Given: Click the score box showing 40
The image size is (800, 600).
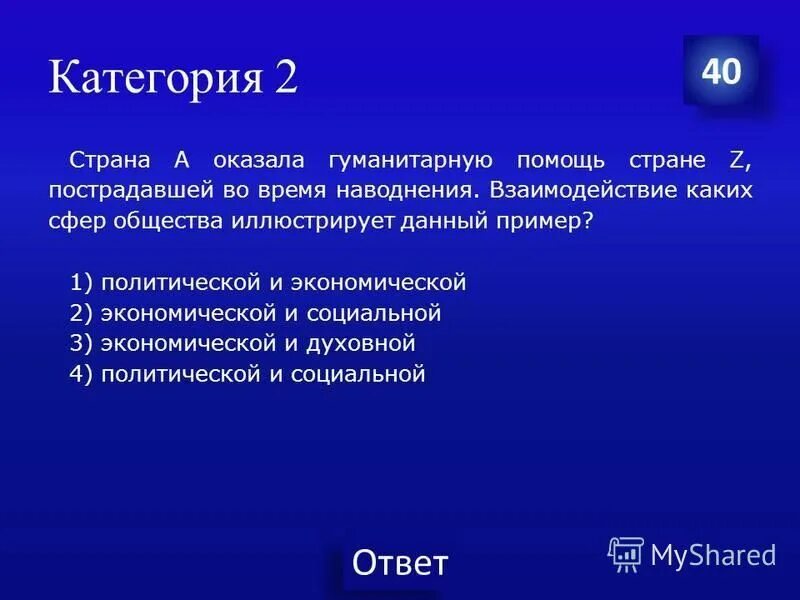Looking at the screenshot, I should point(721,72).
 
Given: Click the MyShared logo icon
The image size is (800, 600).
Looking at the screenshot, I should point(626,553).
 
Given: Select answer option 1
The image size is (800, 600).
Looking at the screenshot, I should point(268,282).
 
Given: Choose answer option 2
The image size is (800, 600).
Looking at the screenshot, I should point(255,313).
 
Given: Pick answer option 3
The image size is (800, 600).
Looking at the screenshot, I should point(242,343).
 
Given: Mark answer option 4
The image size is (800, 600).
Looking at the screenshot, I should point(248,374).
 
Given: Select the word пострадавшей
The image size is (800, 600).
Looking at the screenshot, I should point(119,190).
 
